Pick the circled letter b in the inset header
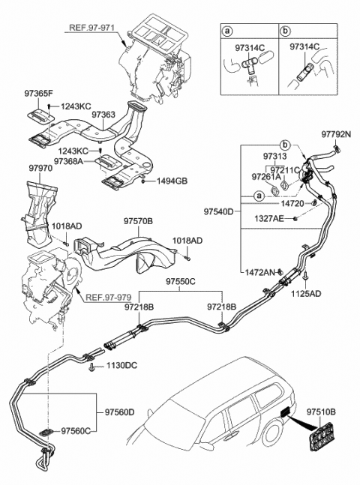286,33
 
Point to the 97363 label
104,116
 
